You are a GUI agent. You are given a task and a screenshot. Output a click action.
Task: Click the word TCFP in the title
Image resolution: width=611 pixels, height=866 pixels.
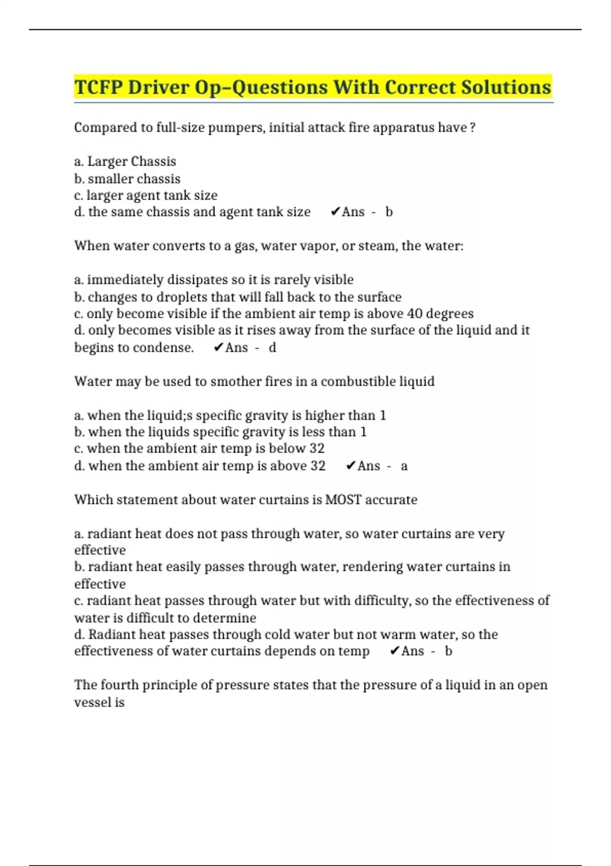[98, 87]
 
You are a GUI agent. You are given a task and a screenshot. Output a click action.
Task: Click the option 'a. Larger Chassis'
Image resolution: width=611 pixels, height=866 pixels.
[125, 161]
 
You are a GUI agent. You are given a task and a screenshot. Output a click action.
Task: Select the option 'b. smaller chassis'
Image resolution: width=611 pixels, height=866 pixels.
[127, 179]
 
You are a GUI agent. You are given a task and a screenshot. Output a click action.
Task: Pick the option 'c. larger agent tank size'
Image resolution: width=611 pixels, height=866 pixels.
[146, 195]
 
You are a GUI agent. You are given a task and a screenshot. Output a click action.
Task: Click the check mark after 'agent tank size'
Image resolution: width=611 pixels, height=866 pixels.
[335, 212]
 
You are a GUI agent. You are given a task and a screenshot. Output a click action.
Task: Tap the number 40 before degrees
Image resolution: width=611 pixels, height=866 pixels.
[415, 313]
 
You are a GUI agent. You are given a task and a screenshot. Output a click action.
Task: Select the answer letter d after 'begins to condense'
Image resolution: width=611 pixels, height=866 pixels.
[272, 347]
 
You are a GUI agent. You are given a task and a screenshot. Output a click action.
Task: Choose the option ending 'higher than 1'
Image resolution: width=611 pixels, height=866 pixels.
[230, 416]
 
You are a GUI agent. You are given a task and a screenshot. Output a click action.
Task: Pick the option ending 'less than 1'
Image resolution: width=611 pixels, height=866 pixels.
[220, 432]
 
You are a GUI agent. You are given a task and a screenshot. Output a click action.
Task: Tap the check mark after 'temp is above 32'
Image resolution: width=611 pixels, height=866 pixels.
[350, 466]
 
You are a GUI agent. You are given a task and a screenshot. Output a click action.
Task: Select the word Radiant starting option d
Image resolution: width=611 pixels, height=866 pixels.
[112, 634]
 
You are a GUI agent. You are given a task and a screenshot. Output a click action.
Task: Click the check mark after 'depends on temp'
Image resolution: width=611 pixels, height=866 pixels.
[394, 651]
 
